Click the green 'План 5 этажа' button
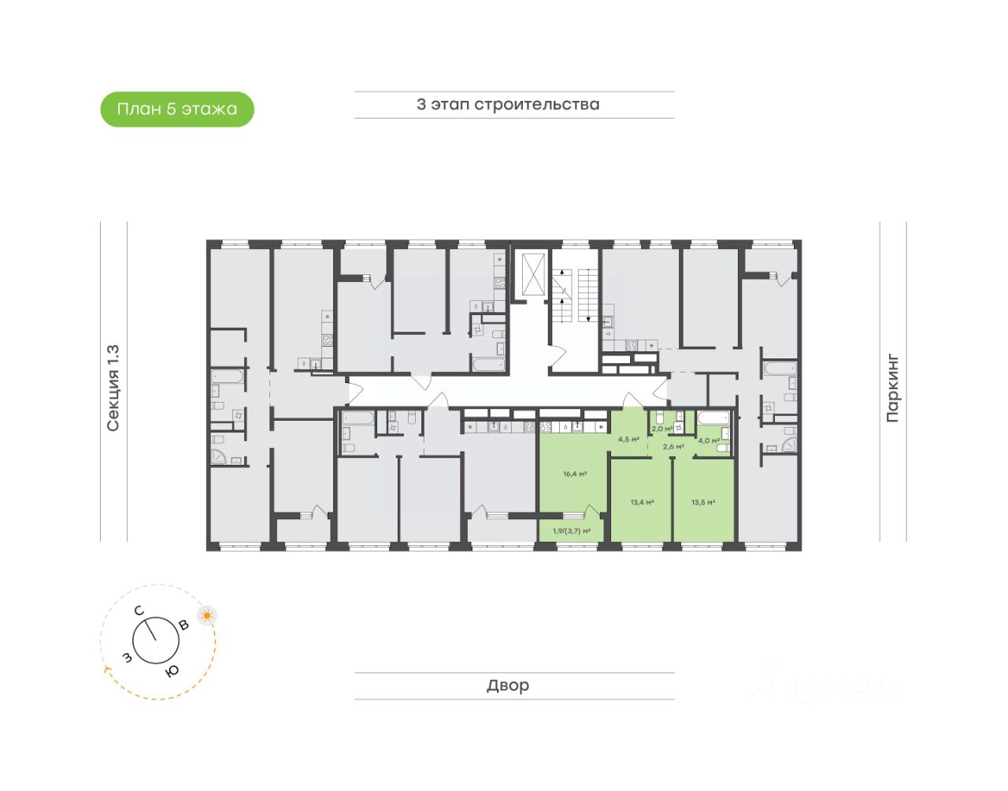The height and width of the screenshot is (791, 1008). [177, 110]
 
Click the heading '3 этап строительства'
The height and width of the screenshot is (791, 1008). [508, 105]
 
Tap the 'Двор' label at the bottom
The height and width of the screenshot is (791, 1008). [508, 685]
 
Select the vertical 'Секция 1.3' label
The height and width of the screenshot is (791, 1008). [113, 388]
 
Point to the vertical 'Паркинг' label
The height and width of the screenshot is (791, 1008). [892, 388]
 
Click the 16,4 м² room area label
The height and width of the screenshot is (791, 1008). [575, 474]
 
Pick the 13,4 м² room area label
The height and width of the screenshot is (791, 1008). [642, 502]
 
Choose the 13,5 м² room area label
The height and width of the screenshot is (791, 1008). [703, 502]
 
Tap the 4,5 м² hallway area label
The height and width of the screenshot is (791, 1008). [628, 440]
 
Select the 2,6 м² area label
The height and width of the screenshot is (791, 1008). [673, 447]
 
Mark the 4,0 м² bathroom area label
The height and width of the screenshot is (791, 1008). [709, 440]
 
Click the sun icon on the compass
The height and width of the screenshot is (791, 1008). [207, 615]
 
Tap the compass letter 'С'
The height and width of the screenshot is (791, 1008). [139, 611]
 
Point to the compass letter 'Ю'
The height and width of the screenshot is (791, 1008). [172, 670]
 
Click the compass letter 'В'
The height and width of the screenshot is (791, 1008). [183, 626]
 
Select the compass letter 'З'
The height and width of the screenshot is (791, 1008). [127, 657]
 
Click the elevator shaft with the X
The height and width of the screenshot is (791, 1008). [533, 275]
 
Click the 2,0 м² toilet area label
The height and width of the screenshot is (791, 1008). [661, 429]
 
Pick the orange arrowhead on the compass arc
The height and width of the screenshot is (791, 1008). [106, 670]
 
